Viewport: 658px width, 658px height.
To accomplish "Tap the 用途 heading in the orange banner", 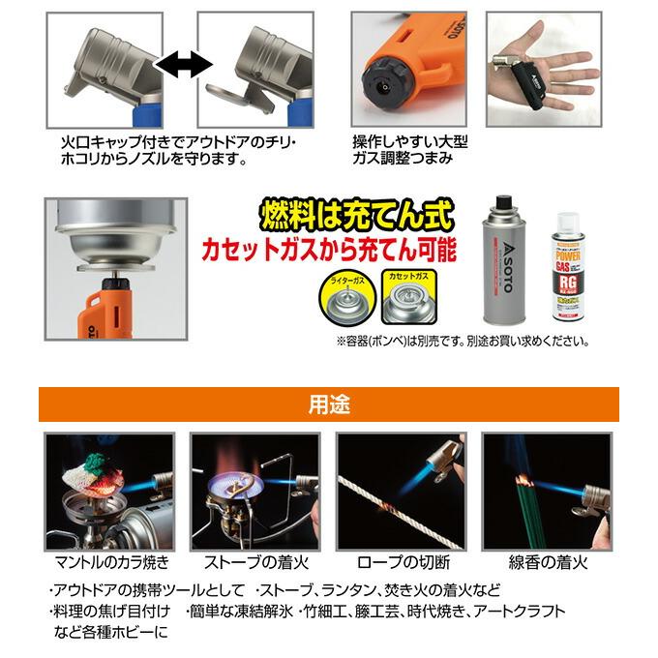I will pos(329,404).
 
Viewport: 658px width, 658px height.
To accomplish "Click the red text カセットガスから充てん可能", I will pos(327,250).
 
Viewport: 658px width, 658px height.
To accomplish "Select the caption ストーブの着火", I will pos(254,561).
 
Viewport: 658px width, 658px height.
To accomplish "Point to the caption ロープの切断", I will pos(402,561).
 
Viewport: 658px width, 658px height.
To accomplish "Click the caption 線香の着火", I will pos(548,561).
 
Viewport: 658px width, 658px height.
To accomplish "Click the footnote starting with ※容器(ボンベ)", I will pos(462,341).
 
